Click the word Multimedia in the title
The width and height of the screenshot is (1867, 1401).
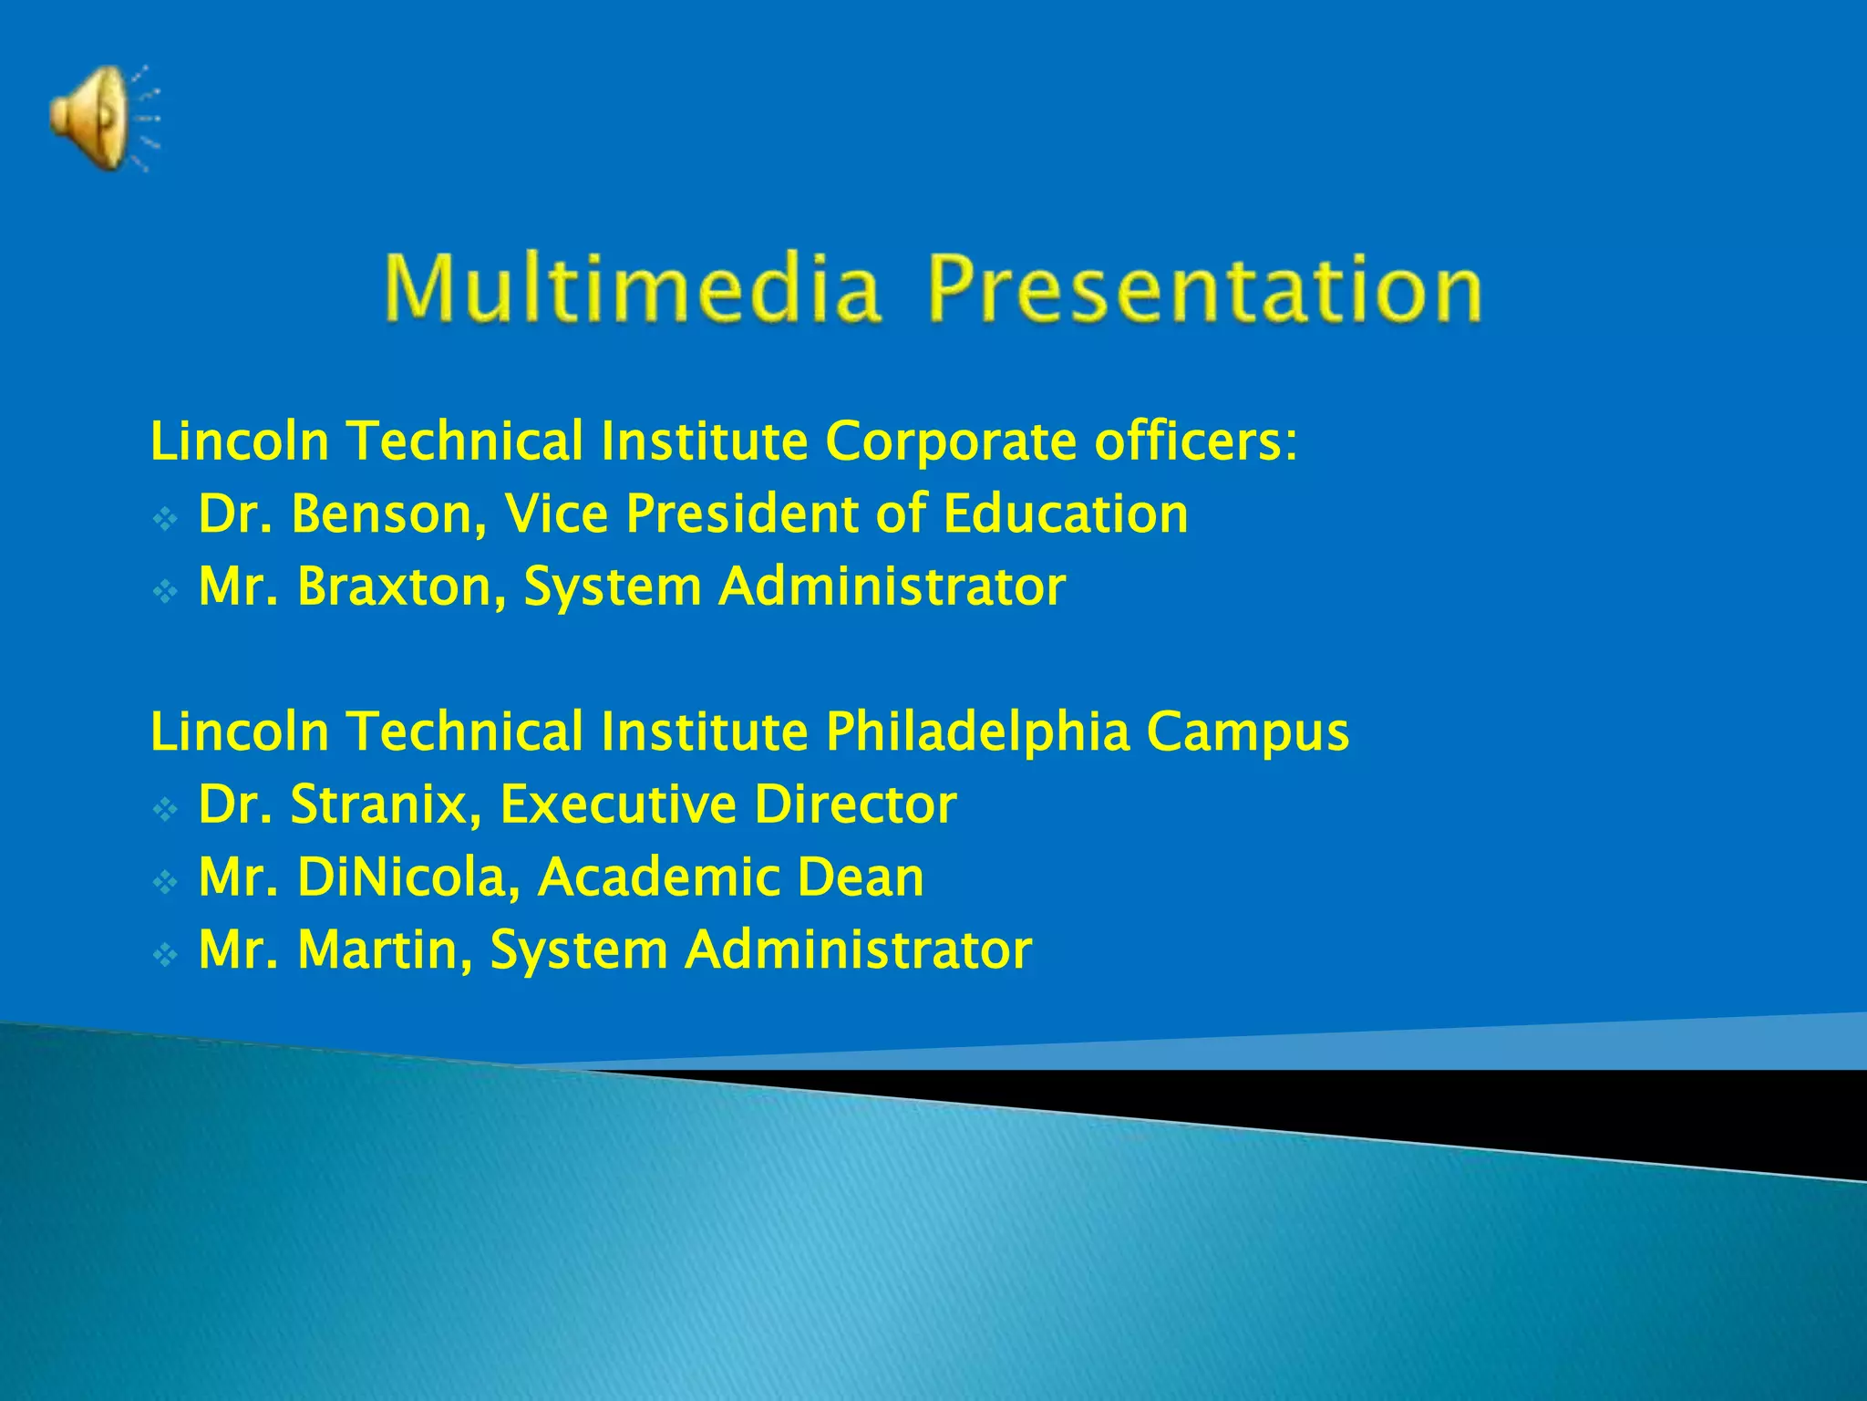point(632,289)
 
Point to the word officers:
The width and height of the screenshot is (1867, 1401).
point(1195,441)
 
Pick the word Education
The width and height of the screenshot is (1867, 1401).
point(1066,514)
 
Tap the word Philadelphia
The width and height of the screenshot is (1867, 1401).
point(978,732)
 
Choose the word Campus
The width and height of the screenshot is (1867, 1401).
point(1247,732)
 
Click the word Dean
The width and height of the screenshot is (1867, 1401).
point(860,877)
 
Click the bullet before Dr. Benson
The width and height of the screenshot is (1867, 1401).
point(165,520)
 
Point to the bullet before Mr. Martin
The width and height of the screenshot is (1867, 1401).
point(165,956)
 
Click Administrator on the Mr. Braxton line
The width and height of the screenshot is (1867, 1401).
point(892,586)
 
